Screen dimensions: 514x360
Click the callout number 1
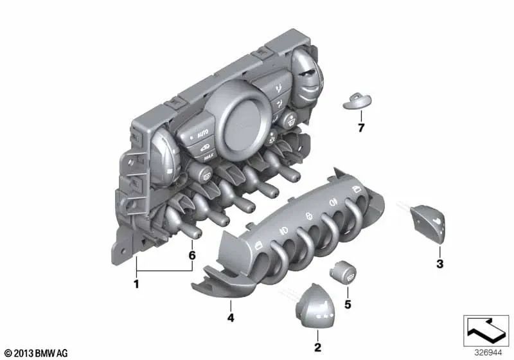point(136,283)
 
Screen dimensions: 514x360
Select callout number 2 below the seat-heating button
point(317,347)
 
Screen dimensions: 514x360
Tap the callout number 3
point(440,264)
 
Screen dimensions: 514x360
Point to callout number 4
point(231,318)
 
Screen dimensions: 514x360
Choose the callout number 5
point(348,304)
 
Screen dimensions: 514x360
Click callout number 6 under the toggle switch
point(192,255)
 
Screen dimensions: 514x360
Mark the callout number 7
point(361,127)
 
